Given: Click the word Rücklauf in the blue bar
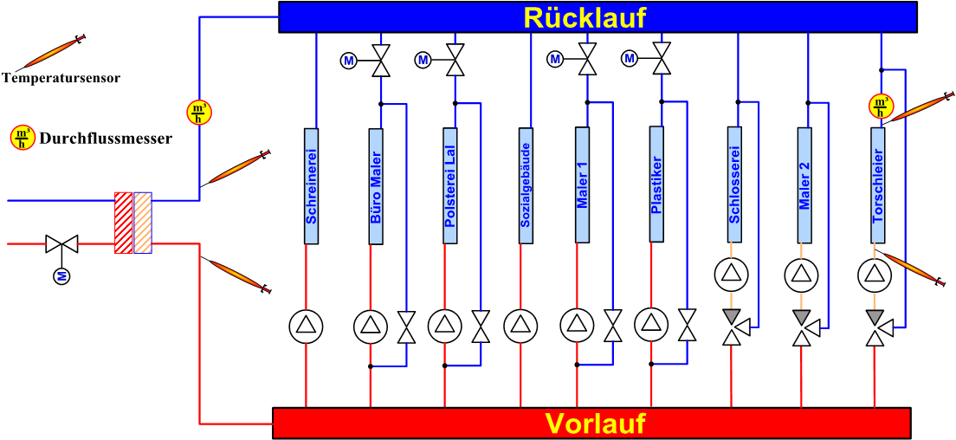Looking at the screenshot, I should [585, 17].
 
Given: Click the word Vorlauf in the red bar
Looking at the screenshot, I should [595, 424].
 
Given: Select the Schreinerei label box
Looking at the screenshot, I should [312, 186].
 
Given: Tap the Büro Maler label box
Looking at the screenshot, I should [376, 186].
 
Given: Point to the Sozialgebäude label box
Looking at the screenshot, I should [525, 186].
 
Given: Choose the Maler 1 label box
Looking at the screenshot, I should [582, 184].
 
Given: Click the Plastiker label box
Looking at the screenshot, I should [656, 184].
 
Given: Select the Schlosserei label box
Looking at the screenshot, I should [734, 184].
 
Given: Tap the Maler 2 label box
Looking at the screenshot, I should [804, 184].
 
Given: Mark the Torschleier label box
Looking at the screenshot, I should [878, 184].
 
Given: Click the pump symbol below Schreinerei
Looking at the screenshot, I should [306, 326].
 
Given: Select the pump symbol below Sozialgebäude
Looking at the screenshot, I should [520, 326].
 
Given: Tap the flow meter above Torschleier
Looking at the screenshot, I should [881, 107].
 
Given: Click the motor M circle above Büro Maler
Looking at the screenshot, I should [349, 61].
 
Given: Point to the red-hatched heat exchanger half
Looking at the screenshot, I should [124, 223].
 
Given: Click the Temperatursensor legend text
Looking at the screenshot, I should [61, 78].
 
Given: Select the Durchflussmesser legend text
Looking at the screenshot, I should [106, 138].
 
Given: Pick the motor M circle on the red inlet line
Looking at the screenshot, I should [62, 276].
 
